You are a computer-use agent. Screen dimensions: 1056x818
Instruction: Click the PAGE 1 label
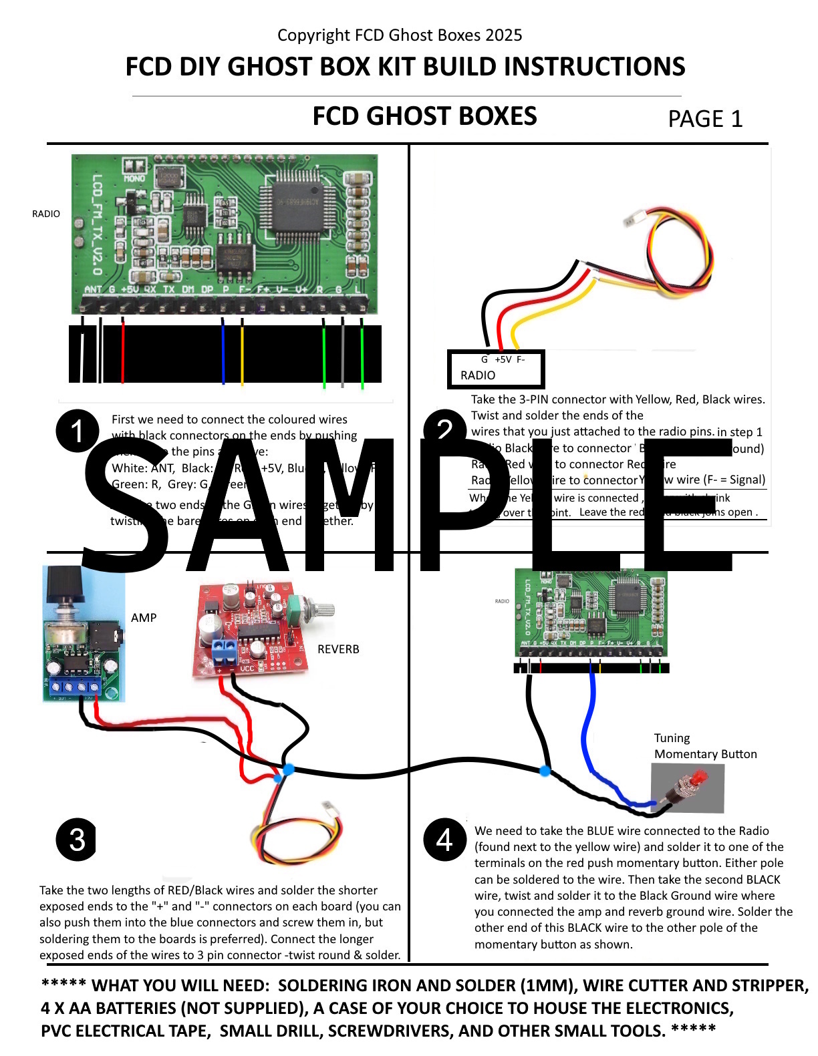click(x=705, y=119)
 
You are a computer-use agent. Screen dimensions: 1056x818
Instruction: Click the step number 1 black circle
click(x=78, y=430)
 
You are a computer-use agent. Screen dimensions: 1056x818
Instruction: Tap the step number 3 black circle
click(x=76, y=839)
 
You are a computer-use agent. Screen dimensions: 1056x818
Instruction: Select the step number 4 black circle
click(x=444, y=839)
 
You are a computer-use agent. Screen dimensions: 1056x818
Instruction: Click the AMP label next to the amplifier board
click(x=144, y=617)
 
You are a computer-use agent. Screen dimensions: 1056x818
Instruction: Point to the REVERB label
click(x=338, y=649)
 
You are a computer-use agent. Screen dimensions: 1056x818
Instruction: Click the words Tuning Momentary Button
click(x=705, y=746)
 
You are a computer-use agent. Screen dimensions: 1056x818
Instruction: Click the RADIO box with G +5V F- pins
click(x=496, y=369)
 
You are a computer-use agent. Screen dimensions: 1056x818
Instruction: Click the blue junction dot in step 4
click(x=545, y=771)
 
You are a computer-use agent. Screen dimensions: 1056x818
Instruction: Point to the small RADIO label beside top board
click(x=46, y=214)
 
